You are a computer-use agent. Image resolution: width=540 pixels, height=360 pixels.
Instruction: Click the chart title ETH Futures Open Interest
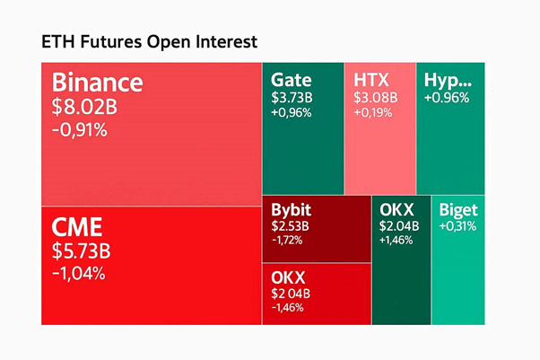click(149, 42)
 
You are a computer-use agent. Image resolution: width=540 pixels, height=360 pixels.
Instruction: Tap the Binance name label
click(97, 83)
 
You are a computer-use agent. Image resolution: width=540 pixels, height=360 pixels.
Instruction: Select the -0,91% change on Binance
click(79, 130)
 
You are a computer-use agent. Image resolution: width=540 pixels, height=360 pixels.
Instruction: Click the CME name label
click(77, 225)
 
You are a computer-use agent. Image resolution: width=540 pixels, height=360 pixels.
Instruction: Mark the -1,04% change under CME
click(79, 272)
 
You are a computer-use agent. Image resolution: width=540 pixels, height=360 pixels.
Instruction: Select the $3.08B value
click(371, 97)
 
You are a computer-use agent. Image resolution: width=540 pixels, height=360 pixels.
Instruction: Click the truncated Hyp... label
click(447, 79)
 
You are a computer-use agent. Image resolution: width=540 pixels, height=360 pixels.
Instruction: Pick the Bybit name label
click(292, 209)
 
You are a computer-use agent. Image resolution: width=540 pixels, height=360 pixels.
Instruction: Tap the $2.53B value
click(290, 226)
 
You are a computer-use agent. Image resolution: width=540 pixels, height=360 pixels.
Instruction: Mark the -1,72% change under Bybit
click(287, 241)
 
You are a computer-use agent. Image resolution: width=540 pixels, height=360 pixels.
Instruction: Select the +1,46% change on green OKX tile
click(396, 241)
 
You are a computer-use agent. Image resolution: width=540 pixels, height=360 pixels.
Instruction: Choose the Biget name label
click(458, 210)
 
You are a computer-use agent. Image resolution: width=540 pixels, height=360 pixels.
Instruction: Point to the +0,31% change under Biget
click(457, 226)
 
